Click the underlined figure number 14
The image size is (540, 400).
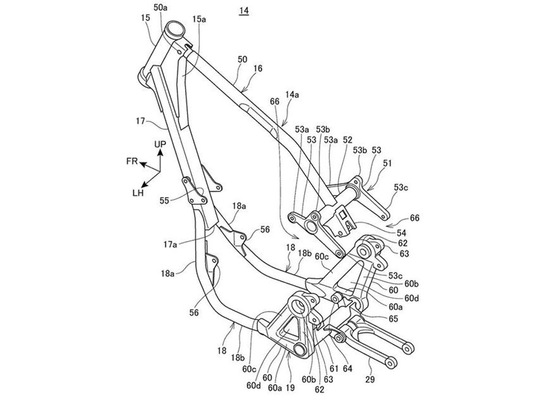(244, 11)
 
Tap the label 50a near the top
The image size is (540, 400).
(160, 7)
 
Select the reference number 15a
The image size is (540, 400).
(199, 19)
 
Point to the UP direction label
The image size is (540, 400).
(160, 144)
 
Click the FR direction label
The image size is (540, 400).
(132, 161)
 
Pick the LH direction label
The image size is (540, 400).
(138, 193)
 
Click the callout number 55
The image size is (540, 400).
(165, 200)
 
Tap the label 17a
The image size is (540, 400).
(170, 244)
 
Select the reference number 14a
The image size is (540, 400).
(292, 94)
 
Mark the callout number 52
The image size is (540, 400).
(348, 140)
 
